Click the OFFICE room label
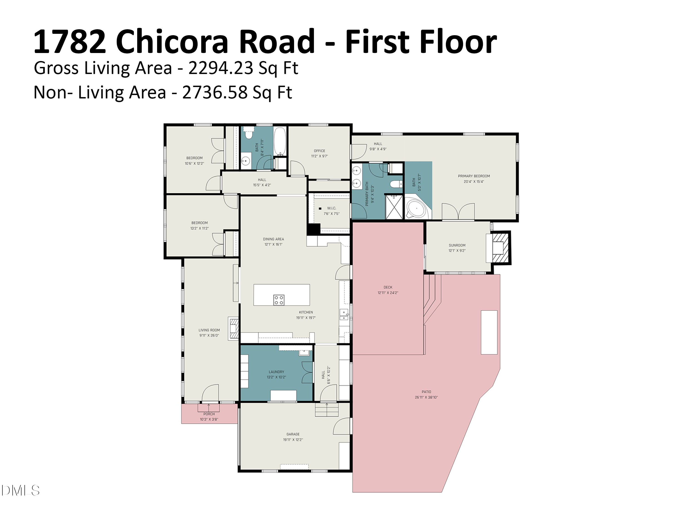point(319,151)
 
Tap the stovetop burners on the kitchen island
point(279,300)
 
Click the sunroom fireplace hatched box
point(500,248)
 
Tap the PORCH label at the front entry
point(209,414)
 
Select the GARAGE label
point(293,434)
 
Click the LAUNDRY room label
point(276,372)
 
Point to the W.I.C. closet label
point(332,208)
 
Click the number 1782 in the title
point(70,42)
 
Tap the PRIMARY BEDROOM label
point(474,176)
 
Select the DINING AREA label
point(273,239)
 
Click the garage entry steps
point(327,410)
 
